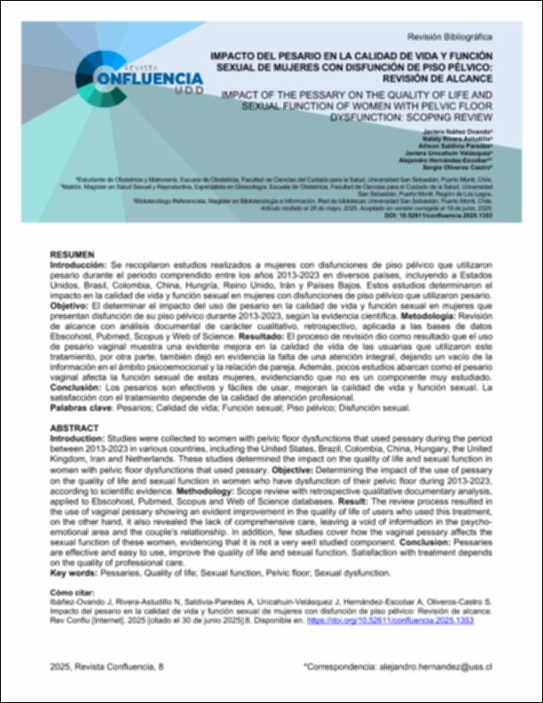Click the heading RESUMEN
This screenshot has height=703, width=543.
[70, 254]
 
